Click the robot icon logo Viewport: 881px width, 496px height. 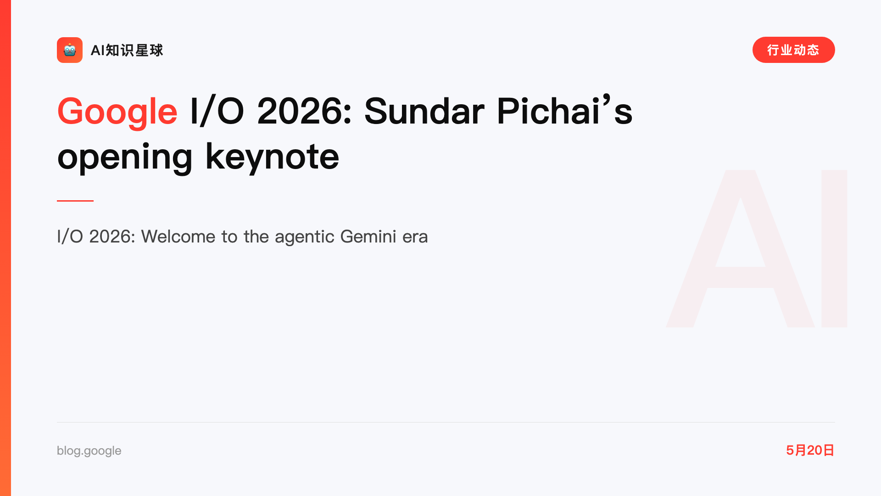point(70,50)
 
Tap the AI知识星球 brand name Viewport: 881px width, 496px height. point(127,50)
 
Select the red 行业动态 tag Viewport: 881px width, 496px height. point(793,50)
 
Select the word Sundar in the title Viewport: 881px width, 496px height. point(424,111)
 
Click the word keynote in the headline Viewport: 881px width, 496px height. point(272,156)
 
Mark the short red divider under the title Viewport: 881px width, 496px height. point(75,201)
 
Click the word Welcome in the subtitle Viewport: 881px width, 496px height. point(178,237)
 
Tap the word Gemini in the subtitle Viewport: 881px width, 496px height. point(368,237)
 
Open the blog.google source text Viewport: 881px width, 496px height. point(89,451)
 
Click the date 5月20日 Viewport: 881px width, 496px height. point(810,450)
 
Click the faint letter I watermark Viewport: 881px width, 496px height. point(834,248)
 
